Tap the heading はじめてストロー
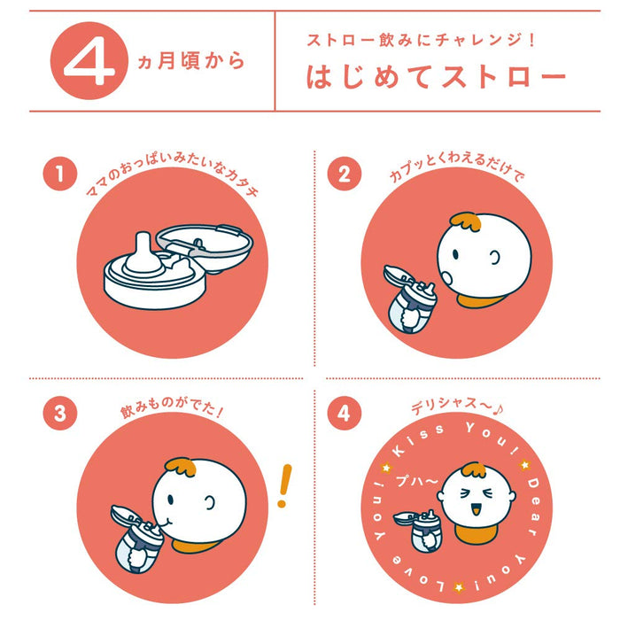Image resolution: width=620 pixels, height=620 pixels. click(x=436, y=77)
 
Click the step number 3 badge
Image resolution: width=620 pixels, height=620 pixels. click(x=59, y=413)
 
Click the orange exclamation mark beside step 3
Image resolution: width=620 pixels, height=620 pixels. click(x=283, y=485)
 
